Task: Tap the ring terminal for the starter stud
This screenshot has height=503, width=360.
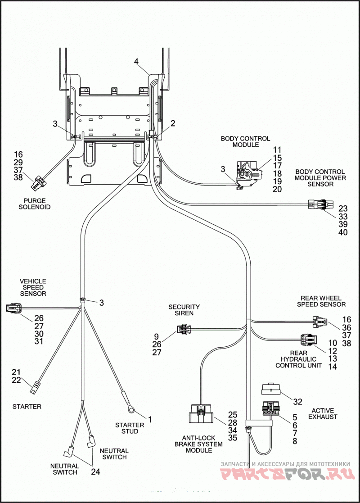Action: tap(130, 408)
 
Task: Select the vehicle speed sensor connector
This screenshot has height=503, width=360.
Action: tap(14, 308)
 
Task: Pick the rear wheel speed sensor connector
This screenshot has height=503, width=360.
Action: tap(320, 321)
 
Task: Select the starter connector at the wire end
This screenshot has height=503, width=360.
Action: tap(34, 388)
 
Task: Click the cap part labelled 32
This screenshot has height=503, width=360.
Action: tap(271, 389)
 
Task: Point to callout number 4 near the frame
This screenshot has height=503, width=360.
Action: tap(136, 61)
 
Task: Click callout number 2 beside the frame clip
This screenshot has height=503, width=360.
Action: tap(173, 123)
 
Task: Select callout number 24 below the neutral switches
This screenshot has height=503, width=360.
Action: tap(95, 471)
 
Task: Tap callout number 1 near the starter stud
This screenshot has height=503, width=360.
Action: tap(150, 419)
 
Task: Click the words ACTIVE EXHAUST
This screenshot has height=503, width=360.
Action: tap(323, 413)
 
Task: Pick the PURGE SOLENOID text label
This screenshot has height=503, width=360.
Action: tap(35, 204)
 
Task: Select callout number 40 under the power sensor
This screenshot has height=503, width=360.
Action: tap(343, 232)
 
